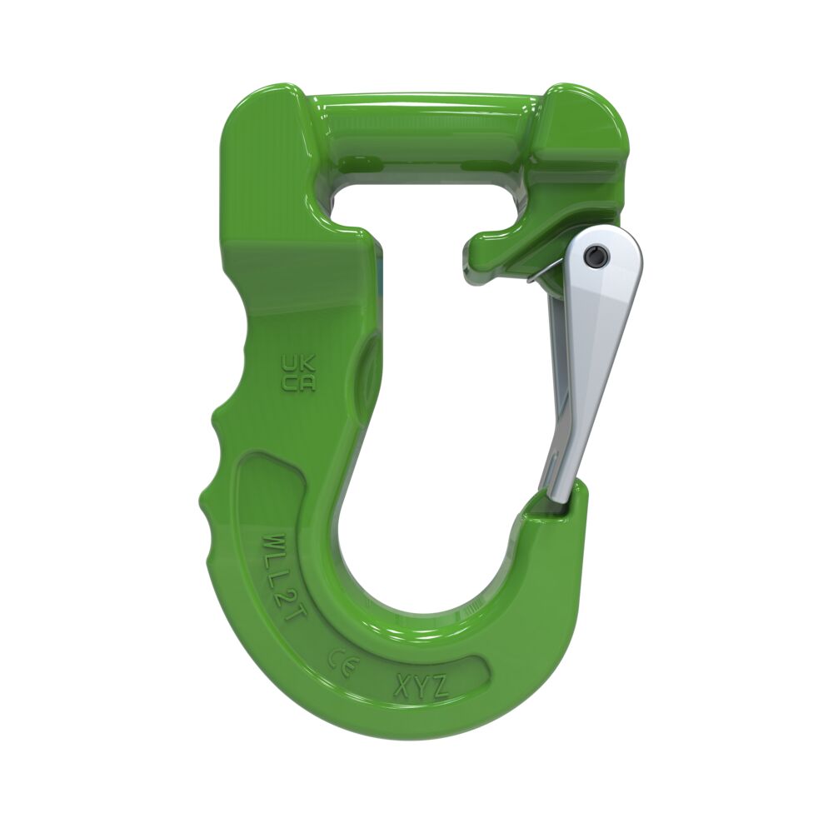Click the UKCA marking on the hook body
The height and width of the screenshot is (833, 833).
click(298, 373)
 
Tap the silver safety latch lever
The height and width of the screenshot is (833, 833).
click(591, 350)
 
